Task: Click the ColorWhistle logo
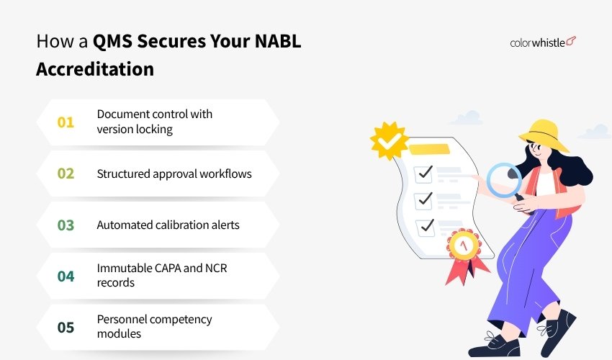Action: coord(544,42)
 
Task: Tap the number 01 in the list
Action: coord(66,122)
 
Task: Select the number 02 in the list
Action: coord(66,174)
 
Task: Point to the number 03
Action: coord(66,225)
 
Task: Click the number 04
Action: coord(66,276)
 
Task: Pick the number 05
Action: coord(66,328)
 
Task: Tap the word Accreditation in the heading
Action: coord(95,69)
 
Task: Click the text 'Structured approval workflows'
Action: coord(174,174)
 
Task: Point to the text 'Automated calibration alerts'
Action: coord(168,225)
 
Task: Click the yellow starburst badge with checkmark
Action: coord(390,140)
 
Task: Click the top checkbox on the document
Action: coord(425,172)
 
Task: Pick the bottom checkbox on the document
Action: coord(426,225)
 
